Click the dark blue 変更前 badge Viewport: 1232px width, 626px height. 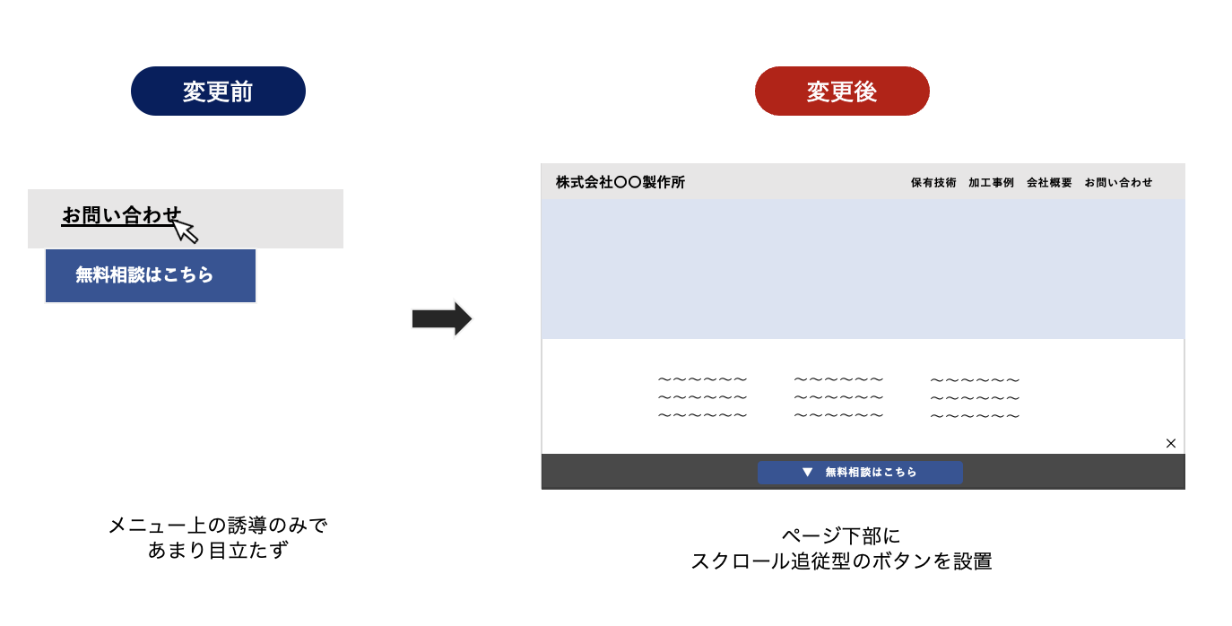[218, 91]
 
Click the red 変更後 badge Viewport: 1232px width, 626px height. [842, 91]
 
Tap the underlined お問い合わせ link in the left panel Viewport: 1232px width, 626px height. [121, 215]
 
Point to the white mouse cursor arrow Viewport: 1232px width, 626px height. [186, 230]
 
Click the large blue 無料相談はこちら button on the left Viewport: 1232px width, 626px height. [150, 275]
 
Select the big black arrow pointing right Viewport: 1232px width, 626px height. [442, 318]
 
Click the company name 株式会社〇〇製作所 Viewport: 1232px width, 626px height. [620, 182]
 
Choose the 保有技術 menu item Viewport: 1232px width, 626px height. [933, 183]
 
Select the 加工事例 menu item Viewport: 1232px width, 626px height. [991, 183]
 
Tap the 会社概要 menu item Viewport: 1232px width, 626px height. [1049, 183]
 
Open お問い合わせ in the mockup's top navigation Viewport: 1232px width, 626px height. [1118, 183]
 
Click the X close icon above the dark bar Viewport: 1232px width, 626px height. [1171, 443]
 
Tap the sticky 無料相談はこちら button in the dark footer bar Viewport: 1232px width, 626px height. [860, 472]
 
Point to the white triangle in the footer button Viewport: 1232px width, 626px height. [807, 472]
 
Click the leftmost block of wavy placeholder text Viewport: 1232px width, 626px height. [702, 397]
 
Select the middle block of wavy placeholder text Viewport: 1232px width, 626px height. [838, 397]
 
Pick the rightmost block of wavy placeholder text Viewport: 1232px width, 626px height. [976, 397]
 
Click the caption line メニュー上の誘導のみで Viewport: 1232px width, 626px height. [218, 526]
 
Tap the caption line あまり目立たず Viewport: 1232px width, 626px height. [218, 550]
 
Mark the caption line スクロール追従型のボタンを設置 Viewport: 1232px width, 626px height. [841, 561]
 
